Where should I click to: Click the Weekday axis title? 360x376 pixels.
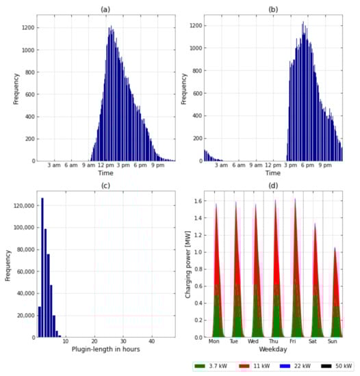pos(273,349)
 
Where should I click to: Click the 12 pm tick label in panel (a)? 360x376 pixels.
pos(105,166)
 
